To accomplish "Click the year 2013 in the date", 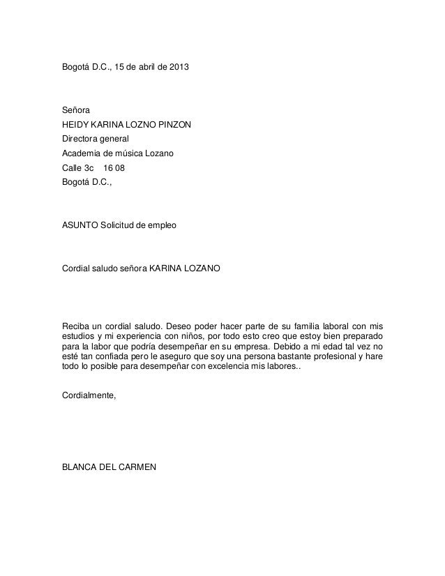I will point(176,70).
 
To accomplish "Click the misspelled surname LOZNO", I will point(138,126).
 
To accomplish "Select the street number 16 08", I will point(115,168).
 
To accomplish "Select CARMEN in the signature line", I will point(139,469).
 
